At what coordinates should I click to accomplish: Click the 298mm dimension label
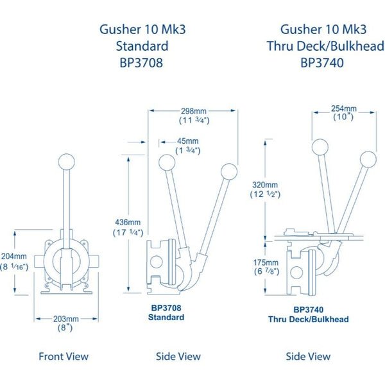[193, 110]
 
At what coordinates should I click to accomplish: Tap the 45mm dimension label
[188, 141]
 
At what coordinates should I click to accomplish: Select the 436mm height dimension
[128, 222]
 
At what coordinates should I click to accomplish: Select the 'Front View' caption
[64, 356]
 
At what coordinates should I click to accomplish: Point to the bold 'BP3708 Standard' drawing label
[166, 312]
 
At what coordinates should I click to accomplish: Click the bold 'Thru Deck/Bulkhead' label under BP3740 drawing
[308, 319]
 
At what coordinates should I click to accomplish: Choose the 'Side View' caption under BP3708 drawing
[178, 356]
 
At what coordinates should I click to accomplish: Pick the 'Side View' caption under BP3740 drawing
[308, 356]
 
